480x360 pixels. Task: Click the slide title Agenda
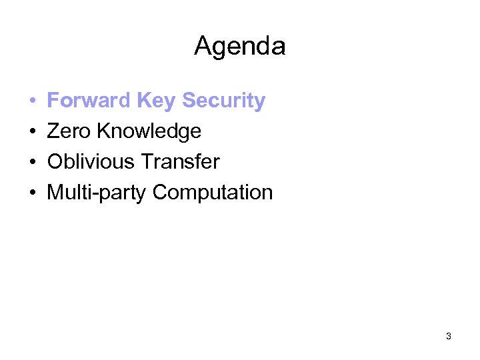[239, 46]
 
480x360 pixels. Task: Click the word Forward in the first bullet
[89, 101]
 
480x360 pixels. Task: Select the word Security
[223, 101]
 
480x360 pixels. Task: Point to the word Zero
[69, 131]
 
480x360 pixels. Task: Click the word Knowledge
[149, 131]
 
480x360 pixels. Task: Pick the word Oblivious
[89, 162]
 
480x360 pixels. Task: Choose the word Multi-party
[97, 193]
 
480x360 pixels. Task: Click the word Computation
[213, 193]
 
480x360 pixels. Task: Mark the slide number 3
[449, 337]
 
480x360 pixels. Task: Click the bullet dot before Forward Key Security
[32, 101]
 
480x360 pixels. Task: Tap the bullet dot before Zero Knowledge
[32, 132]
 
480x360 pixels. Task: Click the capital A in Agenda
[202, 46]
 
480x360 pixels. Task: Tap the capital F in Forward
[53, 101]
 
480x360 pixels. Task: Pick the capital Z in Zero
[53, 131]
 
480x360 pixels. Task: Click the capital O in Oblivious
[54, 162]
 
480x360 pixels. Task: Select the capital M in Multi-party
[55, 193]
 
